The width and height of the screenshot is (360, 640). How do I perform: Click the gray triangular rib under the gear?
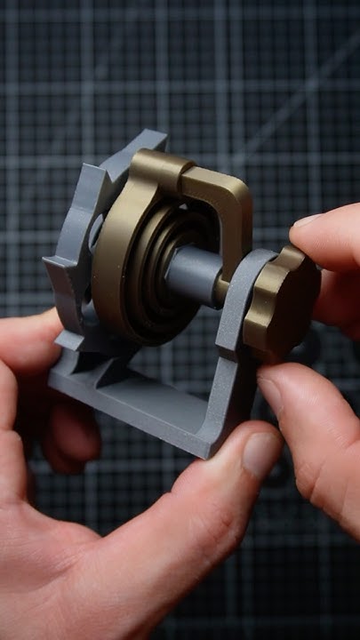tap(89, 351)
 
